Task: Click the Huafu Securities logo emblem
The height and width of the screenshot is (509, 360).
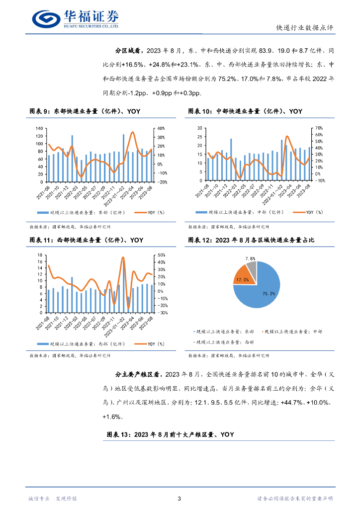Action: pos(46,18)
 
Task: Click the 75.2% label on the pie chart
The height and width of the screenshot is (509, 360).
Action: pos(269,294)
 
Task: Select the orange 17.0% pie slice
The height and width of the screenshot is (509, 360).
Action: pos(243,279)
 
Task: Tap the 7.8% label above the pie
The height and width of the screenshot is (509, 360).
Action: pos(251,259)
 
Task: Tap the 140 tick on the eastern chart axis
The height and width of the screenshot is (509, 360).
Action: pos(39,129)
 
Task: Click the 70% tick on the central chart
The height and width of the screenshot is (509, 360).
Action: pos(320,128)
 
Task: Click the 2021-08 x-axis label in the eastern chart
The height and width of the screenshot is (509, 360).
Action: pos(46,192)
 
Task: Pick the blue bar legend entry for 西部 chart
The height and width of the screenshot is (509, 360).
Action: pos(80,343)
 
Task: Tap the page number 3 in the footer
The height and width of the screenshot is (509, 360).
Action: pos(179,499)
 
